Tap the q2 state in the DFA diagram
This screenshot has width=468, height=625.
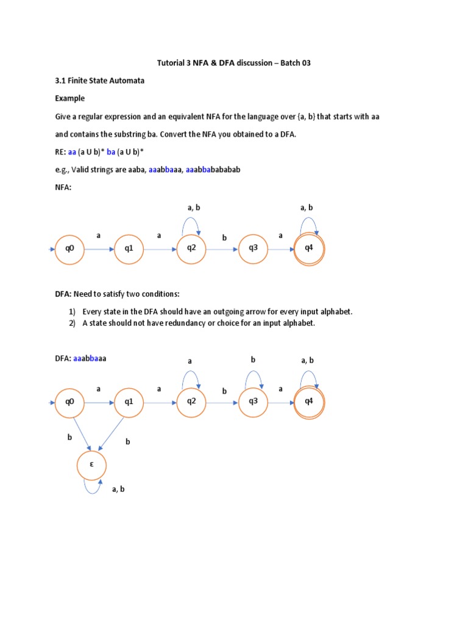click(191, 402)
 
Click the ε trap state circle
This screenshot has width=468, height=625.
click(92, 465)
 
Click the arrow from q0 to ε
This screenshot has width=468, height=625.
click(81, 434)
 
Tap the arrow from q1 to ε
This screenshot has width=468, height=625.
click(112, 435)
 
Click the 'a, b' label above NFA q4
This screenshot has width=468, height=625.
click(307, 208)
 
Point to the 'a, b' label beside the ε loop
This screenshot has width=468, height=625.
click(118, 489)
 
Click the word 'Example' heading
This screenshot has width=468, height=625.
click(70, 98)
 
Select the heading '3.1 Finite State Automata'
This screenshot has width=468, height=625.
click(100, 81)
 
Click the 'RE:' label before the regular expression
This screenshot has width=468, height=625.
click(61, 151)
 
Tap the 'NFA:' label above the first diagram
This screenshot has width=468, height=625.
click(63, 187)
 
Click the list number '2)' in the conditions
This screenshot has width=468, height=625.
click(71, 323)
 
